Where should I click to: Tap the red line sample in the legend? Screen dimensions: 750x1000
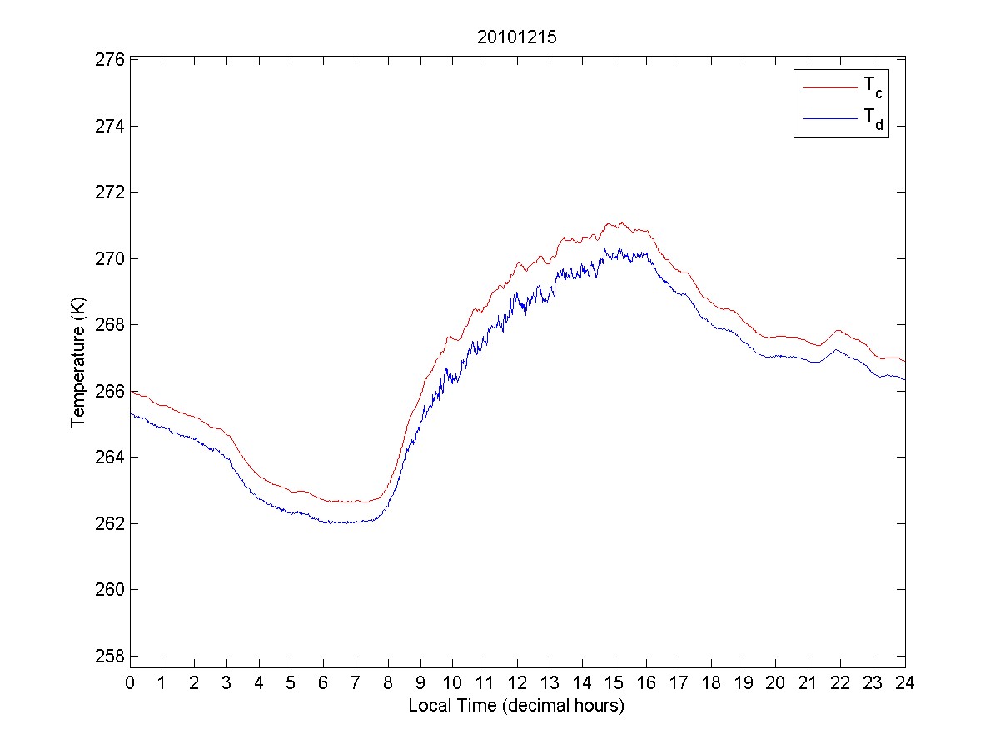(829, 87)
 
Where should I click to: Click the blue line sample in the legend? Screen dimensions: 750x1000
(829, 120)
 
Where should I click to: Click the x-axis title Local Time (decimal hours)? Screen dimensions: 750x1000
(516, 706)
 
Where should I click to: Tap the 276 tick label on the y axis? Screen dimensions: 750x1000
(110, 60)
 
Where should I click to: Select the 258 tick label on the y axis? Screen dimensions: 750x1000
(110, 656)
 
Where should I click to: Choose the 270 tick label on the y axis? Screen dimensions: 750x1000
(110, 258)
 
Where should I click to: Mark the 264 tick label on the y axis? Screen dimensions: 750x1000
(110, 457)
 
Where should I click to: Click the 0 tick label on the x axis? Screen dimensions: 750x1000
(130, 683)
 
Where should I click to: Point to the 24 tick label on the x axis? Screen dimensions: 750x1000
(905, 683)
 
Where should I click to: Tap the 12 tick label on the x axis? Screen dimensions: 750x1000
(517, 683)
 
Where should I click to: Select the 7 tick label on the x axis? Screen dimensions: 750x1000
(356, 683)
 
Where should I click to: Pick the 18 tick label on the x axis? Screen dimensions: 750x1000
(711, 683)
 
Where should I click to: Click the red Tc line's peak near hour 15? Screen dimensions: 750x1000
(621, 222)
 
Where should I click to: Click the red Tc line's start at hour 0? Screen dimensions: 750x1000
(131, 391)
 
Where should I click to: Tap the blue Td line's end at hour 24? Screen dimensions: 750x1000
(904, 380)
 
